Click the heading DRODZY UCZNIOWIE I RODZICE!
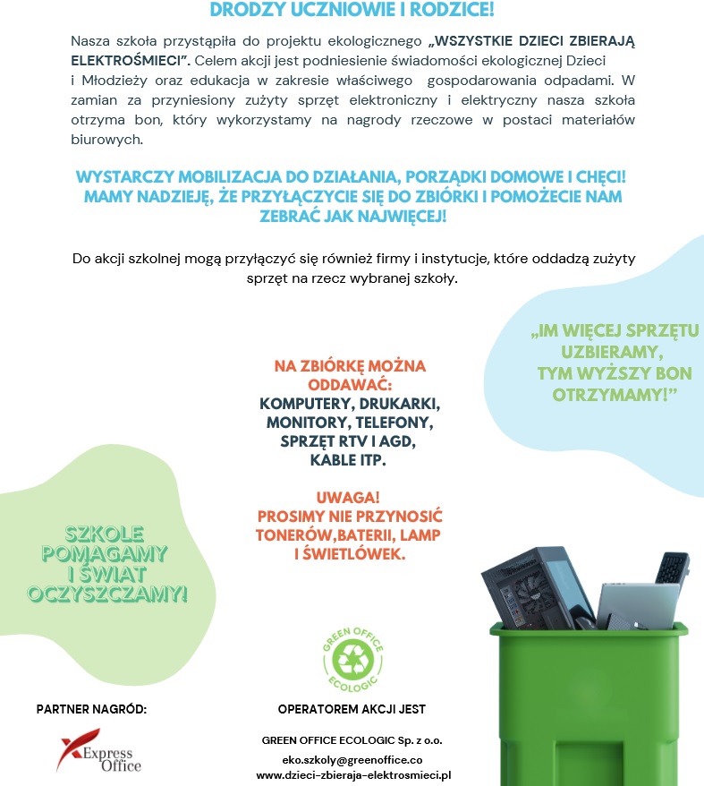point(352,10)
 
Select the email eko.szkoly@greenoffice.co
point(352,759)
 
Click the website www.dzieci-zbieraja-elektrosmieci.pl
point(352,775)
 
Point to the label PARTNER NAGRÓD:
point(91,710)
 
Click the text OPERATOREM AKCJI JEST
point(352,710)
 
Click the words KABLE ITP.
point(349,461)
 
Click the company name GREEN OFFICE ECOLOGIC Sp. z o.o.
point(352,741)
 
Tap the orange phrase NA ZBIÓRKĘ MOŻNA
point(350,366)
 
